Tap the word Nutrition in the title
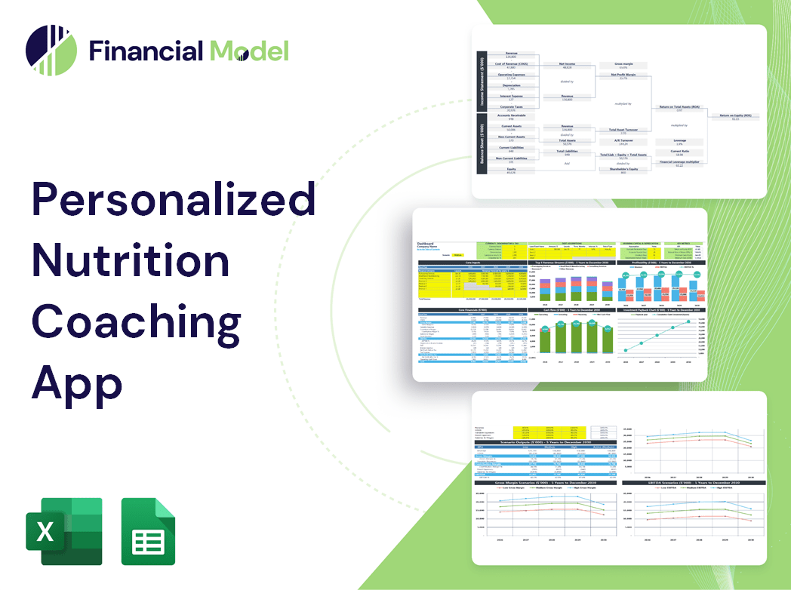click(130, 261)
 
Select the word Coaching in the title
click(136, 321)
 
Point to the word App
click(77, 380)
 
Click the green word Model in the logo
click(249, 51)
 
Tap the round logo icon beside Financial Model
click(51, 51)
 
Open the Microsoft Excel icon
click(63, 531)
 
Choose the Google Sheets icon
click(148, 531)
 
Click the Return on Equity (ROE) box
click(735, 117)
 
